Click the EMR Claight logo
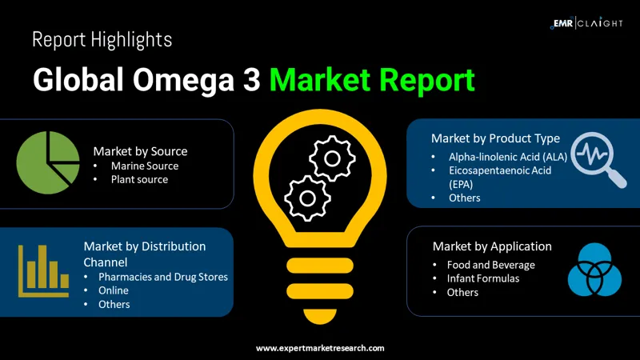[586, 23]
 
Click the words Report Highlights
[102, 39]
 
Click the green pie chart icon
[47, 162]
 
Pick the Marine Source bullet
[145, 166]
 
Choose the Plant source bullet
[139, 179]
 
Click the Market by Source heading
[140, 150]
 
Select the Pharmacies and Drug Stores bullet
[163, 277]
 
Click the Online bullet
[114, 290]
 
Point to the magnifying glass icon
[598, 157]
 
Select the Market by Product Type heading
[495, 138]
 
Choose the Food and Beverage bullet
[491, 265]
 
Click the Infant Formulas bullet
[483, 278]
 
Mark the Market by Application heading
[492, 246]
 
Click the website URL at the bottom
[320, 348]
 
